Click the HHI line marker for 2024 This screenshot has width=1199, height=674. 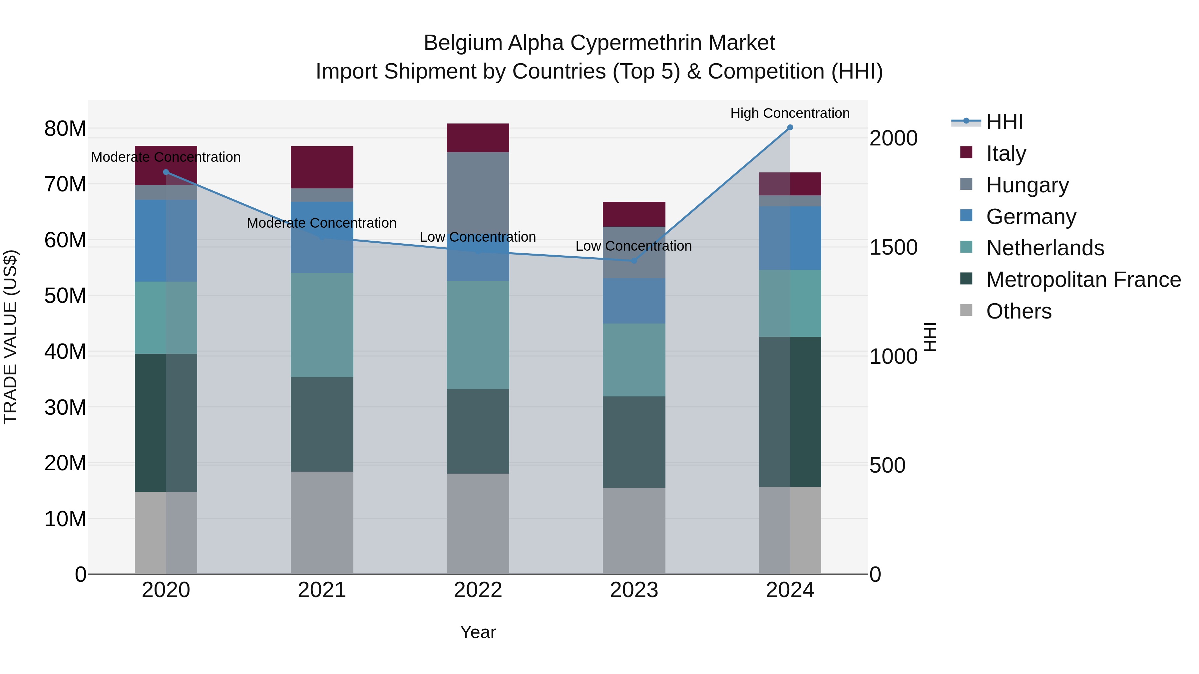[790, 127]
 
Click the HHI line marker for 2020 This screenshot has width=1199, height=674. [166, 172]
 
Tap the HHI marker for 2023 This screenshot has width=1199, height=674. [634, 261]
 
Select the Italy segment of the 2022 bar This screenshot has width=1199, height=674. [478, 138]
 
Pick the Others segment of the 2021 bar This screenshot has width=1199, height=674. [322, 523]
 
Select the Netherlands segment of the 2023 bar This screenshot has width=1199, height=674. [634, 360]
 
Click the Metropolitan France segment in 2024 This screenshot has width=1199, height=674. [790, 412]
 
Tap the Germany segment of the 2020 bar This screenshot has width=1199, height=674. [166, 241]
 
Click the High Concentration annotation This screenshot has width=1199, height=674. [790, 113]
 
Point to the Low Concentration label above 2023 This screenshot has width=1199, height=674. [633, 246]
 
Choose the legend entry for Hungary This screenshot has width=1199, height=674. [1027, 185]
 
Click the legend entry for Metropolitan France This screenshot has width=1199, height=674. [1083, 280]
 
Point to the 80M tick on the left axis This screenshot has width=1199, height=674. [65, 129]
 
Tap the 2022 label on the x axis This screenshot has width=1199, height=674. [478, 590]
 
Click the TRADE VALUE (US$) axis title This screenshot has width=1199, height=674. [10, 337]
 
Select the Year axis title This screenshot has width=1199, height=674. [478, 632]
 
